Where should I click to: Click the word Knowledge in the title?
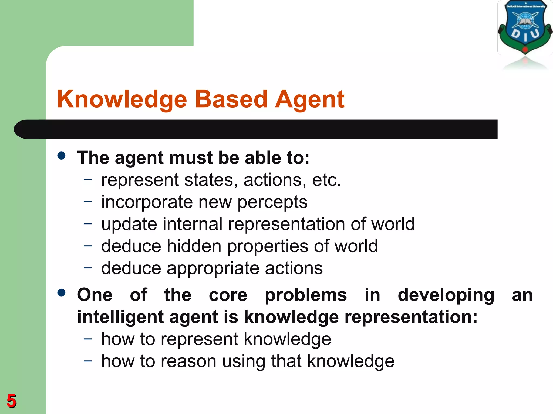[x=122, y=99]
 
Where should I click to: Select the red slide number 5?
[x=12, y=401]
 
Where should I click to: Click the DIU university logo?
[x=525, y=28]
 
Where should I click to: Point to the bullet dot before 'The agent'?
[x=62, y=156]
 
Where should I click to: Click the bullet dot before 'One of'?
[x=62, y=293]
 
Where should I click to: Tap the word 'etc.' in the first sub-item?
[x=326, y=180]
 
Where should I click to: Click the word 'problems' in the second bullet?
[x=306, y=295]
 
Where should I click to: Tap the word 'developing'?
[x=446, y=295]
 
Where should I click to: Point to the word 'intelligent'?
[x=120, y=317]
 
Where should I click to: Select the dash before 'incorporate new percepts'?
[x=88, y=201]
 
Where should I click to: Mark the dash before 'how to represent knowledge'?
[x=88, y=338]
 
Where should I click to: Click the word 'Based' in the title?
[x=231, y=99]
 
